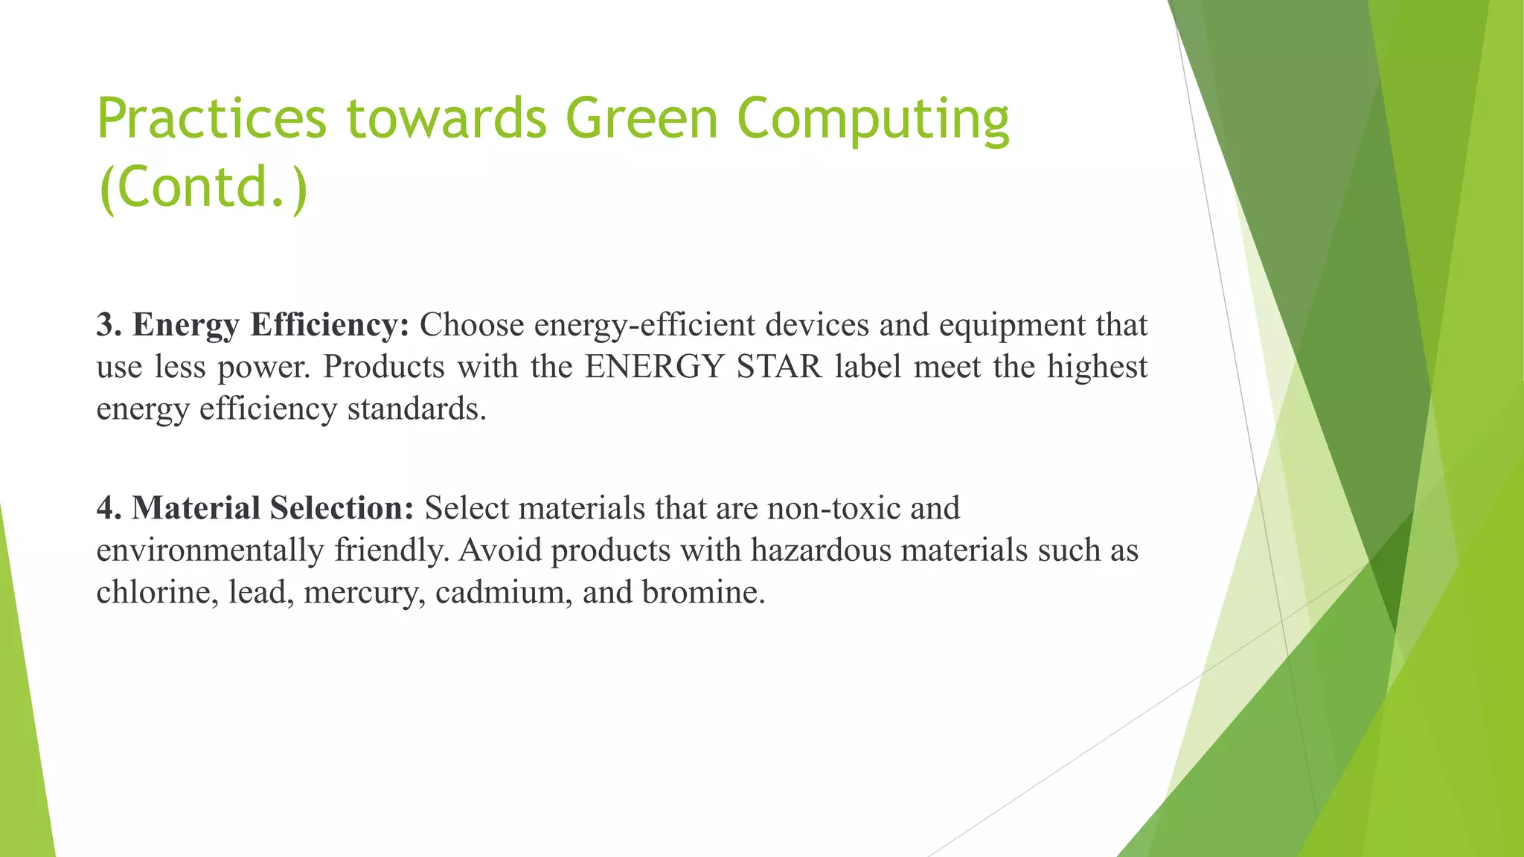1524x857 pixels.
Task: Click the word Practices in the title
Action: click(211, 119)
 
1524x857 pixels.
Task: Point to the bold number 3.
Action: click(109, 325)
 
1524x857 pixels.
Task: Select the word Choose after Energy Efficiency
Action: click(472, 325)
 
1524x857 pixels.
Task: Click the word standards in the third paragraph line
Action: click(416, 408)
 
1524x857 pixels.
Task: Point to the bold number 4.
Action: click(109, 508)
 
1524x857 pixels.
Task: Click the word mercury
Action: click(363, 594)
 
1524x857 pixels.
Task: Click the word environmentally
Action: click(210, 551)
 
